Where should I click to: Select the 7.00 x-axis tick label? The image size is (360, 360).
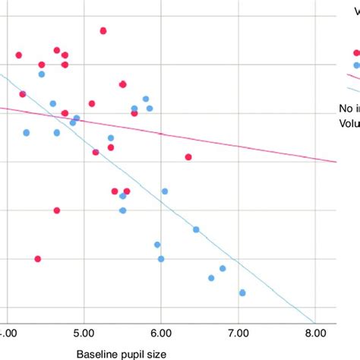click(238, 332)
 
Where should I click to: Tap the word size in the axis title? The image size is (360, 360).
click(156, 353)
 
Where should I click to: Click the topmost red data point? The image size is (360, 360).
click(103, 30)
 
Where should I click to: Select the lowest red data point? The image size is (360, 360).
click(38, 259)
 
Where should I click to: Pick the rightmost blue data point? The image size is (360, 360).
click(242, 292)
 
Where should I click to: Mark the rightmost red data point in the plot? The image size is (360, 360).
click(188, 157)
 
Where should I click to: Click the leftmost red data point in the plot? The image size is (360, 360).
click(19, 55)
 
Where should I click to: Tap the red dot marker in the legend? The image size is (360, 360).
click(356, 52)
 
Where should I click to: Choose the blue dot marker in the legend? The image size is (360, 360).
click(356, 65)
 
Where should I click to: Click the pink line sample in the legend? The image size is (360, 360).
click(353, 77)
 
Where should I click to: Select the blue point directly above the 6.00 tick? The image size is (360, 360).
click(161, 259)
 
